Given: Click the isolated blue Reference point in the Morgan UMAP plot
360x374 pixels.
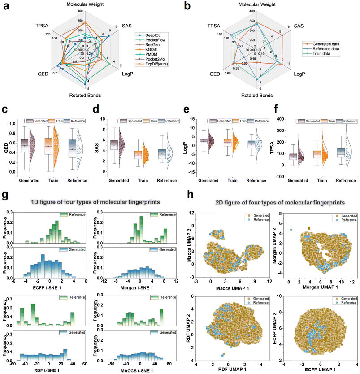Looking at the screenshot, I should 290,230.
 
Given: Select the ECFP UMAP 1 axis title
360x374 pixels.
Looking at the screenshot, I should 320,370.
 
